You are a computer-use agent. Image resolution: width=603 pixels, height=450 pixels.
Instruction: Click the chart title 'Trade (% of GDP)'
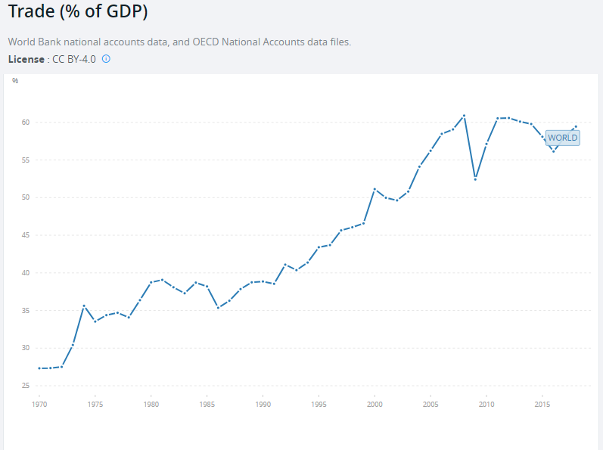click(x=78, y=13)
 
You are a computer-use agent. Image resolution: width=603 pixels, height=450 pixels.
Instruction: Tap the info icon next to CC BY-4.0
click(x=106, y=59)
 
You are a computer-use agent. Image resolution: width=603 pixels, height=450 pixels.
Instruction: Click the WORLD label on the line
click(x=562, y=138)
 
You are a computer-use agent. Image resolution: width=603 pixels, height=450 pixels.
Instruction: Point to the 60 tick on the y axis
click(x=25, y=123)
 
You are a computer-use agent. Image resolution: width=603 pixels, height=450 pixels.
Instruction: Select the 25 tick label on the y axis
click(x=25, y=386)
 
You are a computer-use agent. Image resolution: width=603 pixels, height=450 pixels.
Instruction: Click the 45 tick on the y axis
click(x=25, y=235)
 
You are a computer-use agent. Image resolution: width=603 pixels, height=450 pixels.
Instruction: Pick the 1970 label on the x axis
click(x=39, y=405)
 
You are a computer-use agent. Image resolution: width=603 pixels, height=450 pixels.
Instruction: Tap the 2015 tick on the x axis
click(x=542, y=405)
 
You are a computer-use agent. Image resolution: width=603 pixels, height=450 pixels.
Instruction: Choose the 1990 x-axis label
click(x=263, y=405)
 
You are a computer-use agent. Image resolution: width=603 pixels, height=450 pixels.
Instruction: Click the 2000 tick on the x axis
click(x=375, y=405)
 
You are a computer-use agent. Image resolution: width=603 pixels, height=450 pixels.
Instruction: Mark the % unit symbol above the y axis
click(x=15, y=80)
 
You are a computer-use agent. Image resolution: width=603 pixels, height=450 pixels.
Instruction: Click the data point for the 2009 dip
click(x=475, y=178)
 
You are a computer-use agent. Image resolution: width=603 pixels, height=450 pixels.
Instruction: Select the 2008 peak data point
click(x=464, y=116)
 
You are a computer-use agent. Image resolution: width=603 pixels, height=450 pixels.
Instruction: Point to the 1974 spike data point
click(x=84, y=306)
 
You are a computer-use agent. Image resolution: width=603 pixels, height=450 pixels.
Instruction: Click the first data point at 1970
click(x=39, y=368)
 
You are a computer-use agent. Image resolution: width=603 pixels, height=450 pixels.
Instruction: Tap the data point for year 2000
click(x=375, y=189)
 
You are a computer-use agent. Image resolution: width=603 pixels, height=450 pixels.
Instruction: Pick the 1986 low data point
click(x=218, y=308)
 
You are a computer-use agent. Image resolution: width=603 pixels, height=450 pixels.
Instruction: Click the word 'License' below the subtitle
click(x=26, y=59)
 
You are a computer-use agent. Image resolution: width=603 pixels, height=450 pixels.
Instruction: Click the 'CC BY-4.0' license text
click(x=73, y=59)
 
